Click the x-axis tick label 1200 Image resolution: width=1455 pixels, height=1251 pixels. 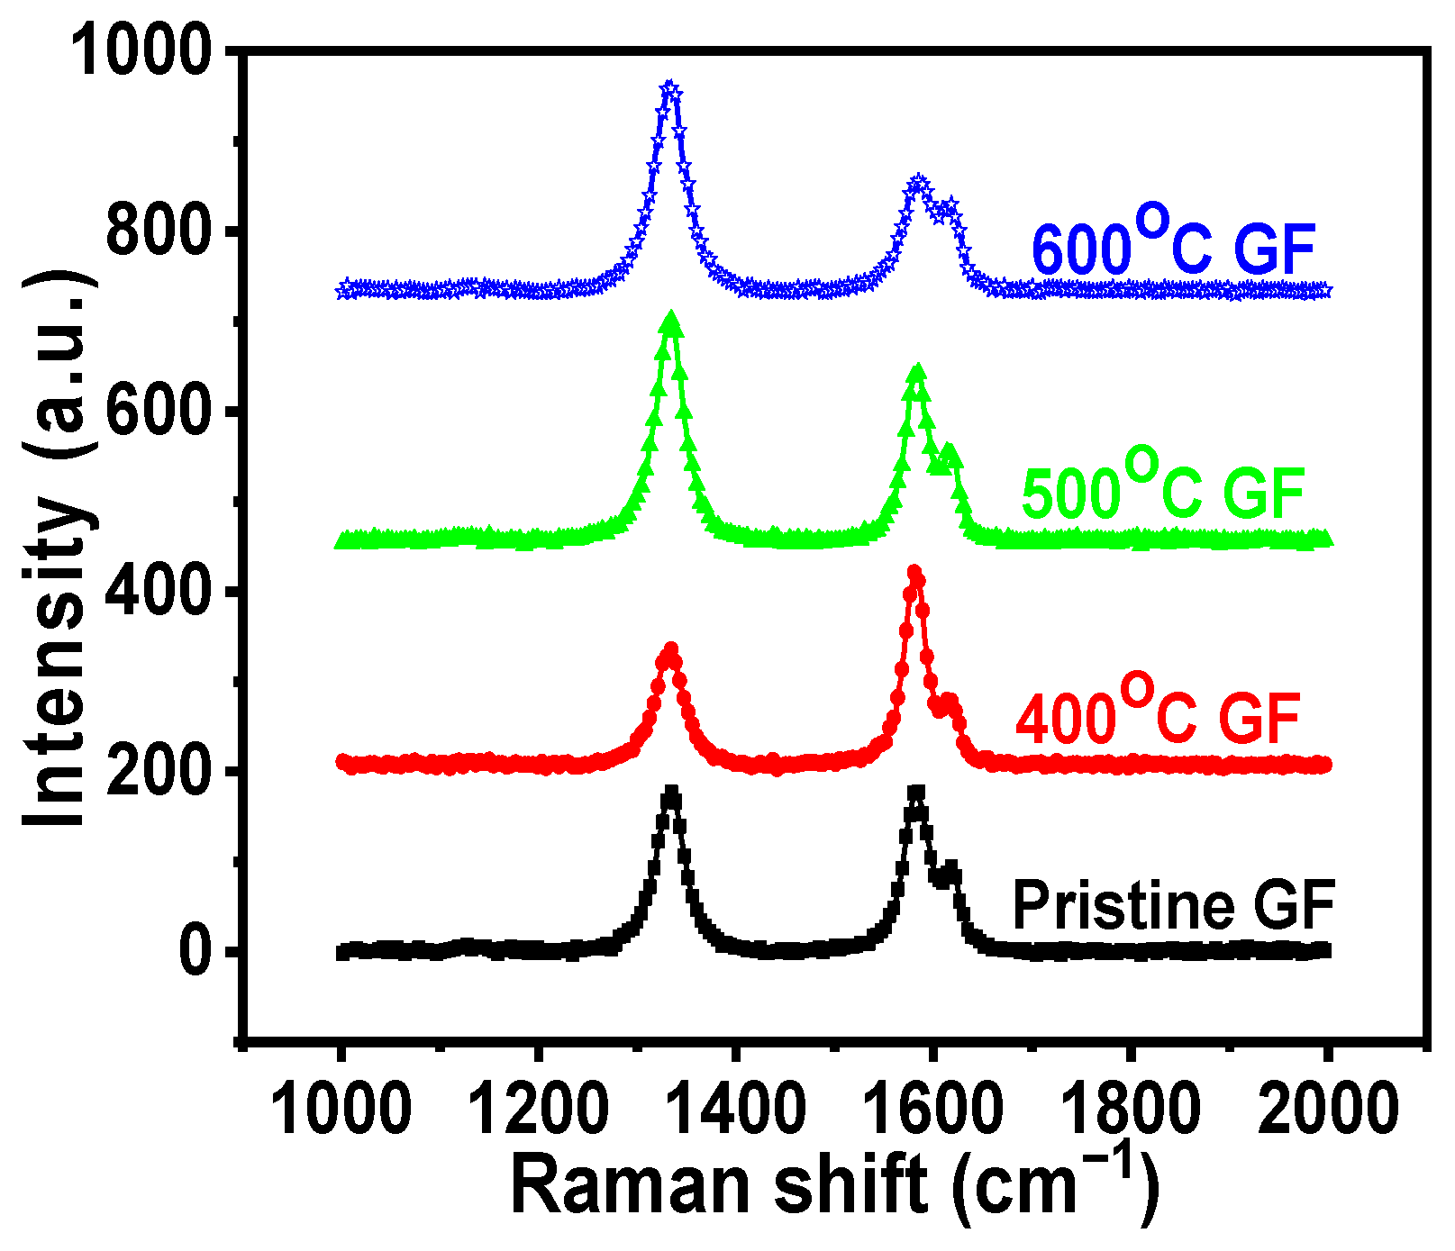[x=538, y=1110]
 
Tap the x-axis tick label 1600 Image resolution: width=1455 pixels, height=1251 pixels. [x=933, y=1110]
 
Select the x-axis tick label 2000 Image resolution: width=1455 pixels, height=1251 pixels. [x=1326, y=1110]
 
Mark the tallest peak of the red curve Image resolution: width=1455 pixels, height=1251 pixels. [x=915, y=573]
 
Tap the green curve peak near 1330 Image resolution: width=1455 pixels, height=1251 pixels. [x=669, y=319]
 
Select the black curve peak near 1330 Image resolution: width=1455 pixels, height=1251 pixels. [x=670, y=794]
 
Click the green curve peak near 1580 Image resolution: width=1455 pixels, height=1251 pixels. [x=917, y=371]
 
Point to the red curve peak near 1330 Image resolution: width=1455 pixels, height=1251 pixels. [x=669, y=650]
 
